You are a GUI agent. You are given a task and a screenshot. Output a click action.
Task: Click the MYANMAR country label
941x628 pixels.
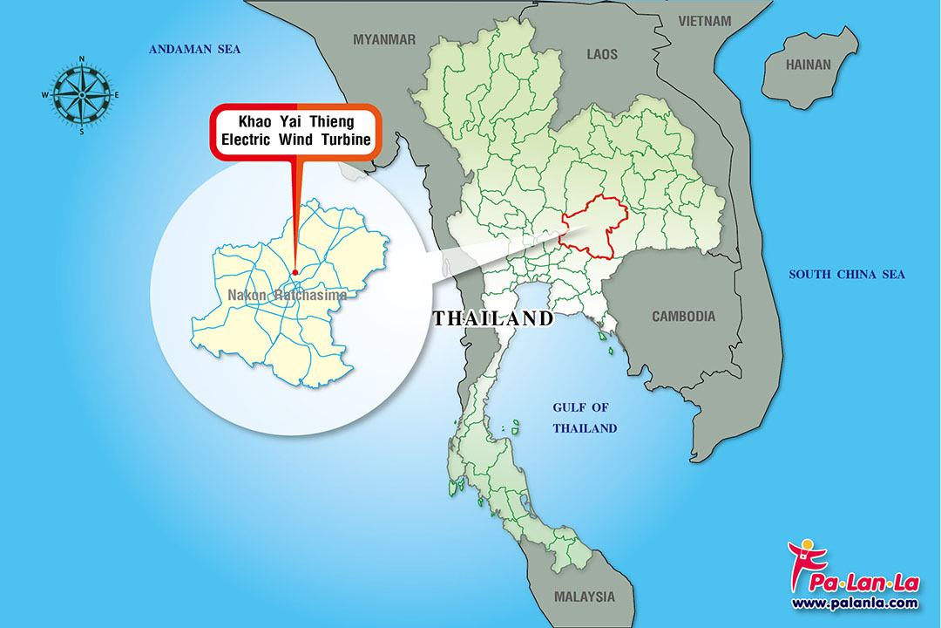384,39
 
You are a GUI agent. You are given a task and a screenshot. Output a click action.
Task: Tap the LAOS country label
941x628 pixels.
602,54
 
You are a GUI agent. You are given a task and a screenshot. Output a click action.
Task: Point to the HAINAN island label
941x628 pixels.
809,65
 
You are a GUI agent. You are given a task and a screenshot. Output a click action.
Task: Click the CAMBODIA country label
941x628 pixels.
684,317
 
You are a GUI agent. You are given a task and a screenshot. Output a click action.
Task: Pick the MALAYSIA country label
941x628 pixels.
584,597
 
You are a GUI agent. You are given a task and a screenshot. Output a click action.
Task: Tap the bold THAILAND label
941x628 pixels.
493,318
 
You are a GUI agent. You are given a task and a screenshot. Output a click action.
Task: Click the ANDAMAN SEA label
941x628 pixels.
194,49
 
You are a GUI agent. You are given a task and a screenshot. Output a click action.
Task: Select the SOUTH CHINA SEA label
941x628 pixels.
847,275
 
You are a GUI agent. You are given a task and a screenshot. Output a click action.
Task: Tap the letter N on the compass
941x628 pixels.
82,59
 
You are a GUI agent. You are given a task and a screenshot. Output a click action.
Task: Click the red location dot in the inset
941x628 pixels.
294,270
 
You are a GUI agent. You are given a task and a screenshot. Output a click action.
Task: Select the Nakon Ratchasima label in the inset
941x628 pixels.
288,295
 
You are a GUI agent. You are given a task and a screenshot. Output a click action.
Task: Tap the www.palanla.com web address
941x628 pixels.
855,603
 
